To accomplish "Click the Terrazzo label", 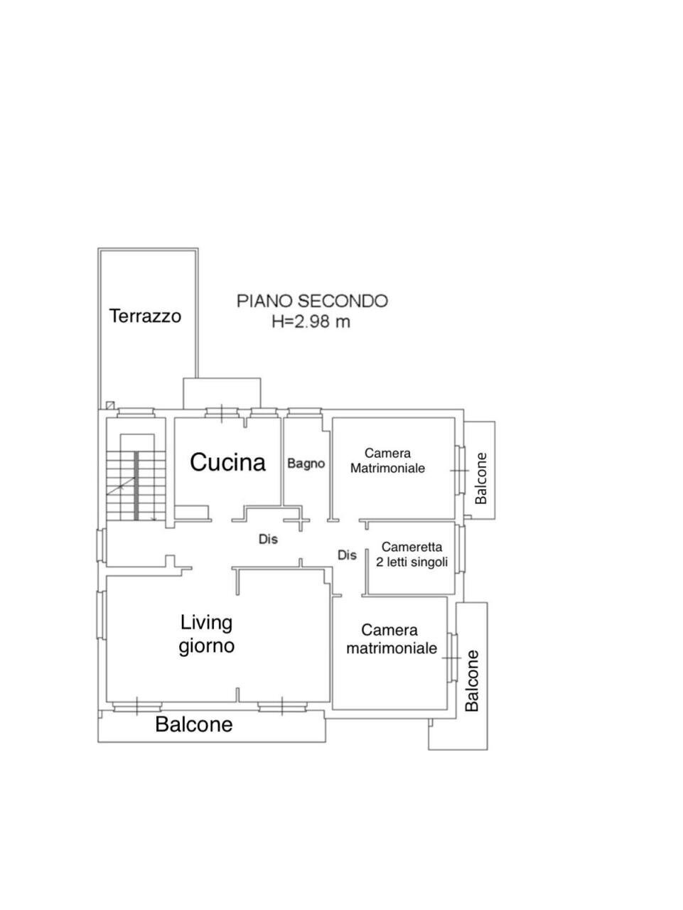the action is [x=146, y=316].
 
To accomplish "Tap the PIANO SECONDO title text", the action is [x=312, y=301].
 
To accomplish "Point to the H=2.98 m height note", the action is [x=311, y=321].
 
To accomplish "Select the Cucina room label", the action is [x=227, y=462].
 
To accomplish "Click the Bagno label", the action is [x=306, y=464].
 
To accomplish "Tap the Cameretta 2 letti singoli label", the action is [x=412, y=555].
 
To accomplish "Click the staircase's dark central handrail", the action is [x=136, y=486].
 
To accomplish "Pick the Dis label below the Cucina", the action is [x=268, y=539].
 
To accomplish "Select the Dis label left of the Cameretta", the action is [x=347, y=555].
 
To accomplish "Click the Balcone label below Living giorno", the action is [x=194, y=724].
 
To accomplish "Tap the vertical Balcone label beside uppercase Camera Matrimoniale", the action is [x=480, y=478].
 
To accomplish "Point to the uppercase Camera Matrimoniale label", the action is [x=387, y=461].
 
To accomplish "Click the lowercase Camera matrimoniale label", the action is [x=392, y=639].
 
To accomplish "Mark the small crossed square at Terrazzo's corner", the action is [x=110, y=405].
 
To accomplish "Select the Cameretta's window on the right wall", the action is [x=461, y=549].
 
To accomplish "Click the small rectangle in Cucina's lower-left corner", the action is [x=191, y=512].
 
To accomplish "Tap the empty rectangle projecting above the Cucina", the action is [x=222, y=393].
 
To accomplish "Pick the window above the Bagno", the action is [x=305, y=412].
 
